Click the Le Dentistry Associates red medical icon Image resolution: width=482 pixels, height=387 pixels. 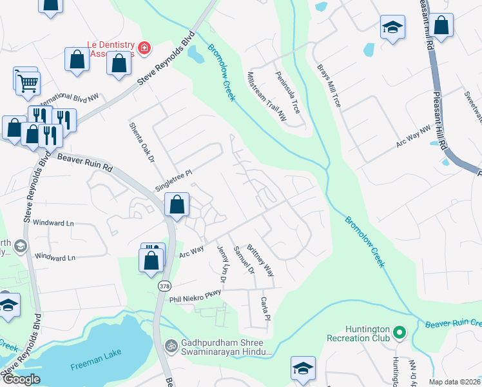144,47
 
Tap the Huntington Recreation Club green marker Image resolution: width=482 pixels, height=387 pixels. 400,333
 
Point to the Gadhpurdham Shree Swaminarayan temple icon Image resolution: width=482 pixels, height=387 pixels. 171,345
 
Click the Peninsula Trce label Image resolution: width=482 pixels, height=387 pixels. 288,92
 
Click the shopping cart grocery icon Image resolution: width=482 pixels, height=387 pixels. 28,82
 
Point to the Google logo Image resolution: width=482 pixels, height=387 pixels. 21,379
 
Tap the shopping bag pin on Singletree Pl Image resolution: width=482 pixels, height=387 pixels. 177,205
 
